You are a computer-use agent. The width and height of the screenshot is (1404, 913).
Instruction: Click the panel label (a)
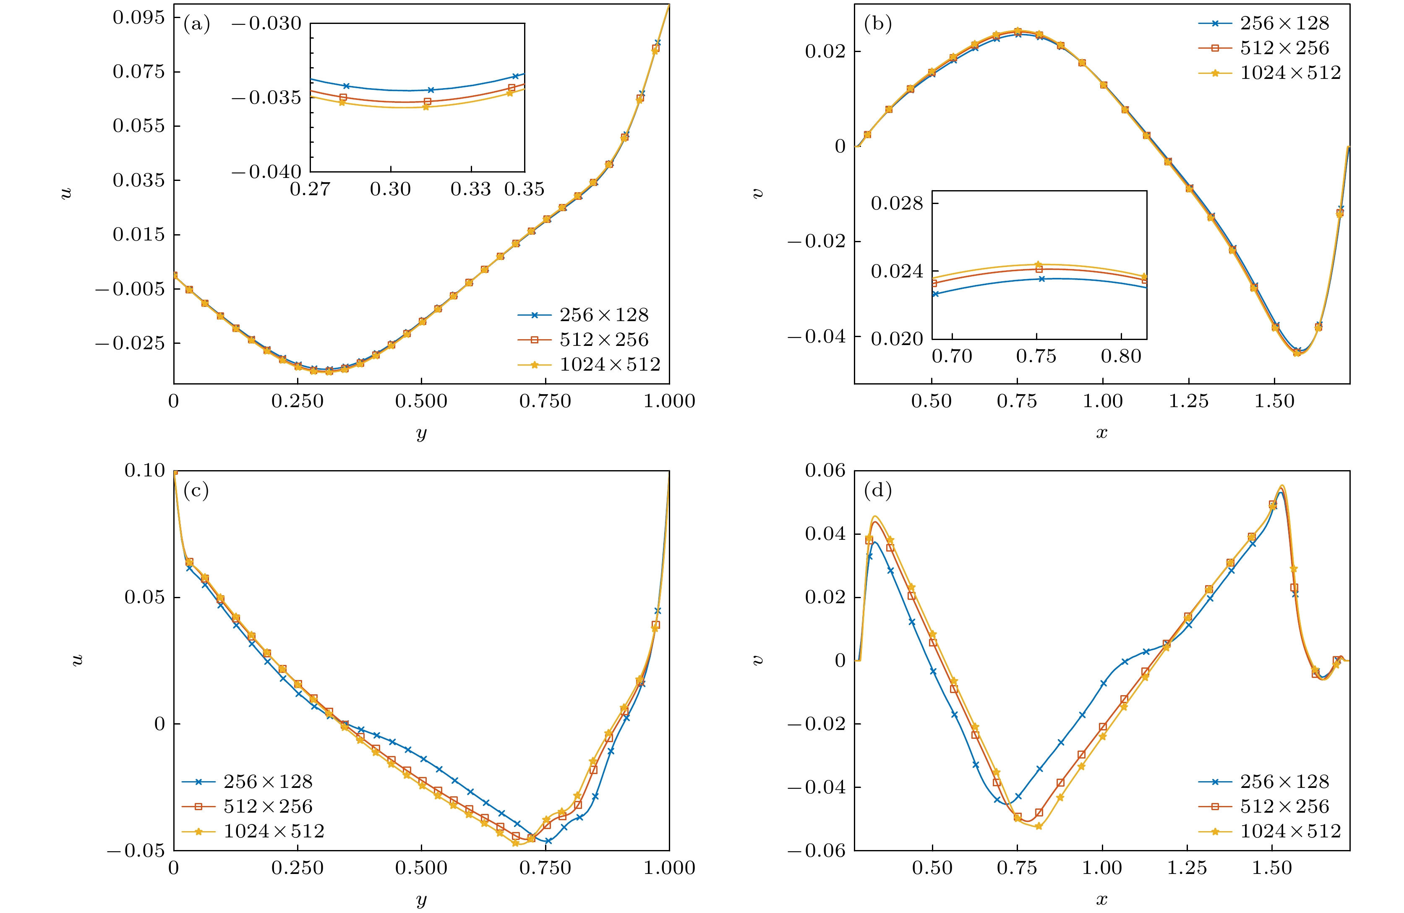pyautogui.click(x=196, y=24)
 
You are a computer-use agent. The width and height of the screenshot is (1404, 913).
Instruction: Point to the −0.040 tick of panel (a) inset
pyautogui.click(x=266, y=172)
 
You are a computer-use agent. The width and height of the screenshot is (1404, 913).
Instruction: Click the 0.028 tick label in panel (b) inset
pyautogui.click(x=897, y=203)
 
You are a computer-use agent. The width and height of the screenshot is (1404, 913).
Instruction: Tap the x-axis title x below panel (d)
pyautogui.click(x=1101, y=900)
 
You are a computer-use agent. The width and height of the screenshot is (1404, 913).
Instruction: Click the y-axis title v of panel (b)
pyautogui.click(x=758, y=193)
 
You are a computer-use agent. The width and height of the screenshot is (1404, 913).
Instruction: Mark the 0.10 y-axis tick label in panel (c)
pyautogui.click(x=144, y=471)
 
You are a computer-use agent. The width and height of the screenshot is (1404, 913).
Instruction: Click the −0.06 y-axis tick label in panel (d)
pyautogui.click(x=817, y=850)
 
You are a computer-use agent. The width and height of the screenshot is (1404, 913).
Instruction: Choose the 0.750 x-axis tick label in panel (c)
pyautogui.click(x=545, y=868)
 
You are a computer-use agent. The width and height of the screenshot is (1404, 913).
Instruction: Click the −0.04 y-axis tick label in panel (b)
pyautogui.click(x=817, y=336)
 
